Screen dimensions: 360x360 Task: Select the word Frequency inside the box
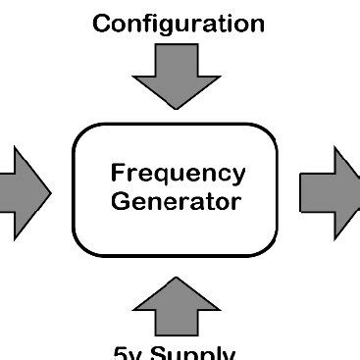pos(178,174)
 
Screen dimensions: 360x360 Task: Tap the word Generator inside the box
pos(176,202)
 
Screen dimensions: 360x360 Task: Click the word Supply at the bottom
pos(192,353)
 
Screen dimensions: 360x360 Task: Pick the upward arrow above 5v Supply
pos(177,305)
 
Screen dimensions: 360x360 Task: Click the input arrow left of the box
pos(22,190)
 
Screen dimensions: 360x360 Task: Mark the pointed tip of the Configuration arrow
pos(177,106)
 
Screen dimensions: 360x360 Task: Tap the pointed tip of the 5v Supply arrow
pos(177,280)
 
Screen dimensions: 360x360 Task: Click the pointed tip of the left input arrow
pos(49,190)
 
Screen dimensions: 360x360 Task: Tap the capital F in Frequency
pos(117,173)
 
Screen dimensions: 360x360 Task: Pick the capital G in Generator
pos(120,202)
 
